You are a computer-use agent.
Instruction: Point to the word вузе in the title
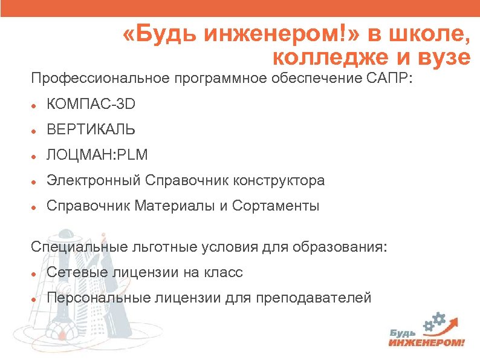click(x=441, y=58)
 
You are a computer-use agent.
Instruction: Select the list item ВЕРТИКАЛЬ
click(x=91, y=130)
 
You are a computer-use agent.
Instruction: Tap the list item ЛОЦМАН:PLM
click(x=97, y=155)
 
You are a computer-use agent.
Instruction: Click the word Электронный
click(x=93, y=180)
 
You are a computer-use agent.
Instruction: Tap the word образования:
click(x=339, y=247)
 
